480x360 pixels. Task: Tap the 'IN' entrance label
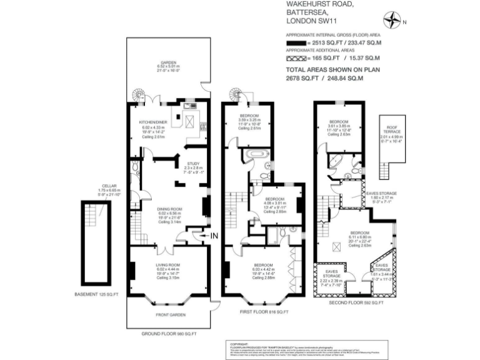coord(214,235)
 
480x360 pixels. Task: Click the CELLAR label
coord(91,186)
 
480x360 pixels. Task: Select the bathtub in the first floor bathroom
coord(256,153)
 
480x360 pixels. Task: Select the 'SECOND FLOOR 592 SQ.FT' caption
coord(356,302)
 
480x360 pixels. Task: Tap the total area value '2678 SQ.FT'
coord(302,79)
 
